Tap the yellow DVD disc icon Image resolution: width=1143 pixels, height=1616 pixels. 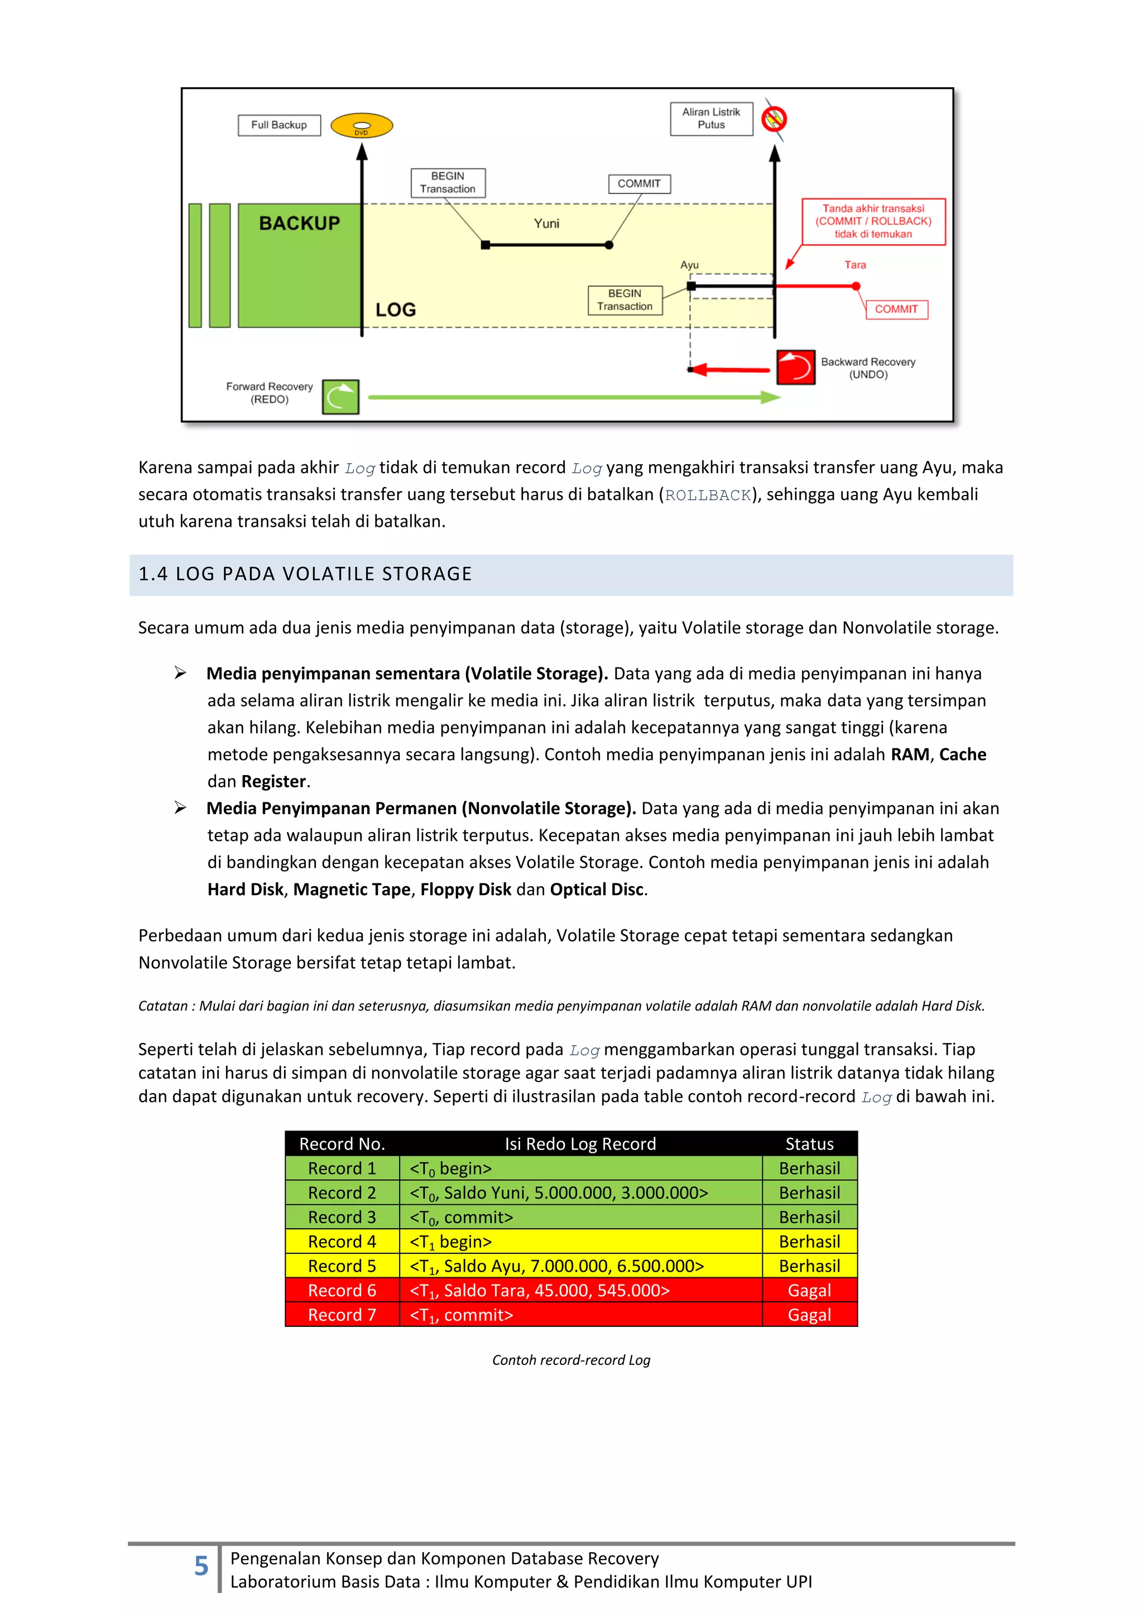(362, 126)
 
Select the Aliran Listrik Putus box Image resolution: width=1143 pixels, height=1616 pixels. (711, 118)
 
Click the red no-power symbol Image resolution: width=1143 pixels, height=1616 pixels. (774, 118)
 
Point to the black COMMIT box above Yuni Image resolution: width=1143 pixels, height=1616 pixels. (639, 184)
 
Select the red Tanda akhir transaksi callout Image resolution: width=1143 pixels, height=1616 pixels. (873, 221)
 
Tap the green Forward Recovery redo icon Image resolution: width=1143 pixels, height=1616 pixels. (340, 396)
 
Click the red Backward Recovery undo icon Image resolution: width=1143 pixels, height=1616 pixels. (795, 367)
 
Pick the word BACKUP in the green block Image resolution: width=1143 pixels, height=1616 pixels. (299, 223)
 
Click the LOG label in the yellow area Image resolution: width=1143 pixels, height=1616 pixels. (396, 310)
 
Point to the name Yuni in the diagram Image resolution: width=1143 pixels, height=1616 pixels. (546, 224)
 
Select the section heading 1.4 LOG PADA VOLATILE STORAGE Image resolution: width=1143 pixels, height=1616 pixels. (305, 574)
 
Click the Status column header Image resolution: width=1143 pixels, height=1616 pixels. (809, 1144)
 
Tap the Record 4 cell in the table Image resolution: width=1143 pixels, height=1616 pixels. (342, 1242)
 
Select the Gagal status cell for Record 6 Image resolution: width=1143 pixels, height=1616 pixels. (809, 1290)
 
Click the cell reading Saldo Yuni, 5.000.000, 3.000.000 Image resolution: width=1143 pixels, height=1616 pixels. (559, 1193)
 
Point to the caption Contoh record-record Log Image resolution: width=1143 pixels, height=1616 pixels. (571, 1360)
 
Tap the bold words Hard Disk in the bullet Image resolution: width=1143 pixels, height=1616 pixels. (245, 889)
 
